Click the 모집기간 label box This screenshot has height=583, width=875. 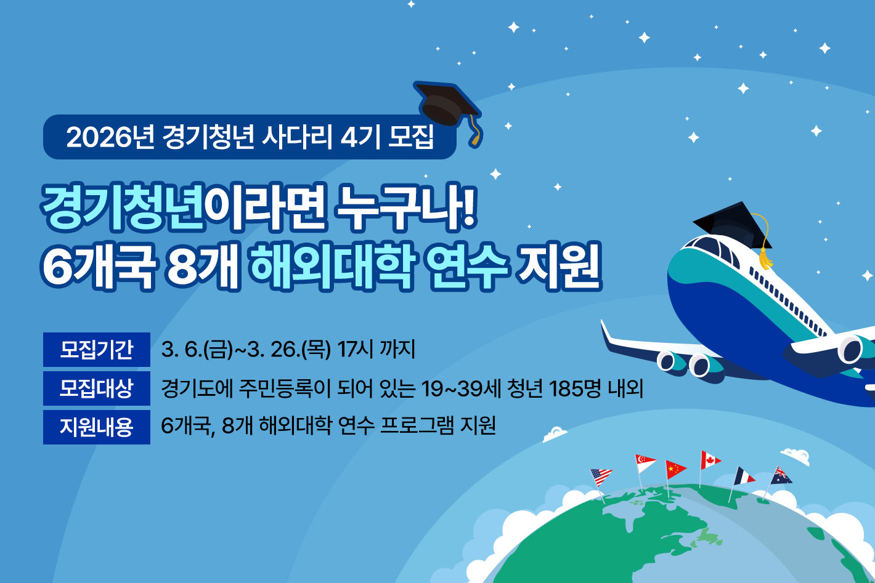coord(97,350)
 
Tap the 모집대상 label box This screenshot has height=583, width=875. coord(97,388)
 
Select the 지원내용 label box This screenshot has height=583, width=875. coord(97,427)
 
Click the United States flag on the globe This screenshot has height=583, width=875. coord(601,476)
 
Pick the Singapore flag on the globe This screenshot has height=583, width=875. coord(645,463)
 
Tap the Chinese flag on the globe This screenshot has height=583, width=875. coord(675,469)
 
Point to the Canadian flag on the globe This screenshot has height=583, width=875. coord(710,460)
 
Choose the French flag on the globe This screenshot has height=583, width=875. coord(744,476)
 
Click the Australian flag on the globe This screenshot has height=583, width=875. coord(781,476)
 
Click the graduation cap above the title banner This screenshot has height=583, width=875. coord(449,105)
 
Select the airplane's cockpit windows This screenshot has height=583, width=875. coord(715,249)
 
